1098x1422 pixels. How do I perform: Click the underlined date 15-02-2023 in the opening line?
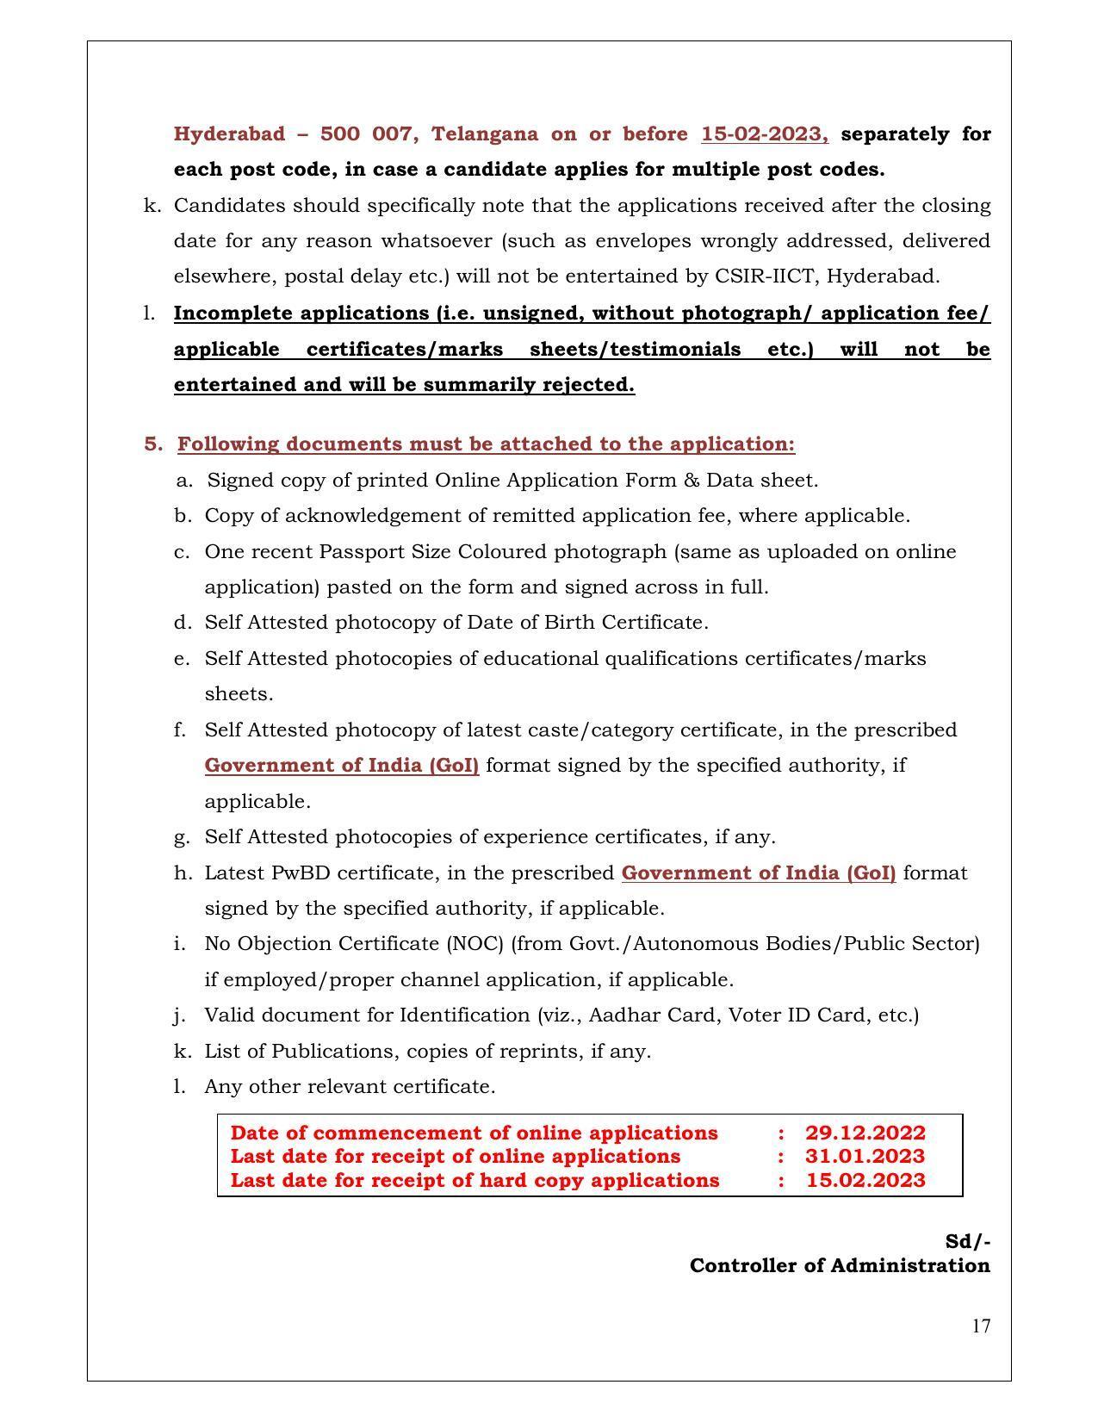[x=765, y=134]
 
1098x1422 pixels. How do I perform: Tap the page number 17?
[x=981, y=1326]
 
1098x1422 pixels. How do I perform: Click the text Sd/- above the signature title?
[x=967, y=1241]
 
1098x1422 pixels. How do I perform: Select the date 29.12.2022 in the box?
[x=865, y=1133]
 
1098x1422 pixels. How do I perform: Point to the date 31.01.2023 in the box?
[x=865, y=1156]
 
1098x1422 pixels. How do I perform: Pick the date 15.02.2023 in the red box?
[x=865, y=1180]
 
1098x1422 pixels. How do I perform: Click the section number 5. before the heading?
[x=153, y=444]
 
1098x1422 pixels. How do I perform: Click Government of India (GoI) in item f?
[x=341, y=765]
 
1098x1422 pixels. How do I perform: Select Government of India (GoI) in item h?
[x=758, y=872]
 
